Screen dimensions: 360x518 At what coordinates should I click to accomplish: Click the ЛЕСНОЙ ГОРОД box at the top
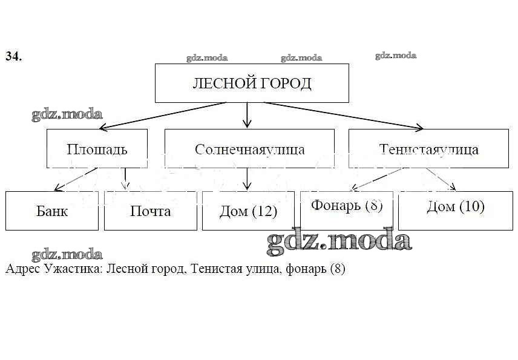coord(252,83)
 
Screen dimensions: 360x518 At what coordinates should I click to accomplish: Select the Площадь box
coord(97,149)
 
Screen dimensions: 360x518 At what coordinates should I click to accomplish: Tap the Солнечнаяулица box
coord(249,149)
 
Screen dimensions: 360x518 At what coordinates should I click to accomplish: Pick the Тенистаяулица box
coord(428,149)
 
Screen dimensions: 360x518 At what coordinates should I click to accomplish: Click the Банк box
coord(52,211)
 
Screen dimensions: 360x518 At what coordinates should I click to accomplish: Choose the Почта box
coord(151,211)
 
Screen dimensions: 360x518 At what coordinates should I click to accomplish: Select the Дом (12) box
coord(249,211)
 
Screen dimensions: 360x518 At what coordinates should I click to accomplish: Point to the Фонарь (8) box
coord(347,206)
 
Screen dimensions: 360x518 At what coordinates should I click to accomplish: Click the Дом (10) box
coord(455,207)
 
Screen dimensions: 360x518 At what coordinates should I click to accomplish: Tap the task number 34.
coord(14,56)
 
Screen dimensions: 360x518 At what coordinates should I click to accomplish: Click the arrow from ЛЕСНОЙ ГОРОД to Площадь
coord(163,116)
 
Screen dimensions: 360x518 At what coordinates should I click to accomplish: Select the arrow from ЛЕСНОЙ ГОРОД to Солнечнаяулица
coord(247,115)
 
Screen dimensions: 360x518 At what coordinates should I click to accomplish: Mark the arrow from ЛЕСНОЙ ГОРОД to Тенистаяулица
coord(343,116)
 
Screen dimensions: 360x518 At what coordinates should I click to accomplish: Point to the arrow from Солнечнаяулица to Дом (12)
coord(247,180)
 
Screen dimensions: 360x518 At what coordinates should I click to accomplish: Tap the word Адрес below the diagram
coord(23,269)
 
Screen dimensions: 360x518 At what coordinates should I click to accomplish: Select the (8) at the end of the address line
coord(337,269)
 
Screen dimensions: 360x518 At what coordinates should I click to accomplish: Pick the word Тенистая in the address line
coord(213,269)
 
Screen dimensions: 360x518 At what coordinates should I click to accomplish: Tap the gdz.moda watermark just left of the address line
coord(67,255)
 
